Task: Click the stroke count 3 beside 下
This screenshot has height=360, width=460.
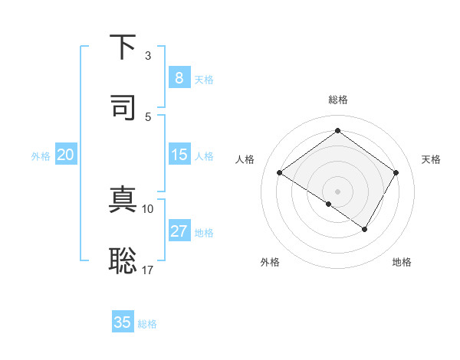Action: click(x=148, y=56)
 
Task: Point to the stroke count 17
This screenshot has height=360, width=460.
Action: click(x=147, y=269)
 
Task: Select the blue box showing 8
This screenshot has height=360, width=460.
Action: click(x=179, y=78)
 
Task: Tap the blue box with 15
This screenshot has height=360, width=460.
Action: click(x=179, y=155)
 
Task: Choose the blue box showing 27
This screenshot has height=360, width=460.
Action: click(x=179, y=231)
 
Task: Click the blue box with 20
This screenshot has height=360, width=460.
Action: click(x=66, y=155)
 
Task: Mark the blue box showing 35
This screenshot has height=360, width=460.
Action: click(x=123, y=322)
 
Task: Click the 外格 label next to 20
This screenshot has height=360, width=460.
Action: click(x=41, y=156)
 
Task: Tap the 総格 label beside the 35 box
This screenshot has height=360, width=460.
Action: click(x=147, y=324)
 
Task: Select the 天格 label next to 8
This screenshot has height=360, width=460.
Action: click(x=204, y=80)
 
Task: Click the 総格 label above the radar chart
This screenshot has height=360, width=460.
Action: click(x=337, y=100)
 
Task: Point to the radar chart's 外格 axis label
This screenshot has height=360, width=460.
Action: click(x=270, y=262)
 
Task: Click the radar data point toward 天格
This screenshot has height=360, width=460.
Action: click(x=396, y=173)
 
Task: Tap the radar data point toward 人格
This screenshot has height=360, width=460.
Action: click(x=280, y=173)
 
